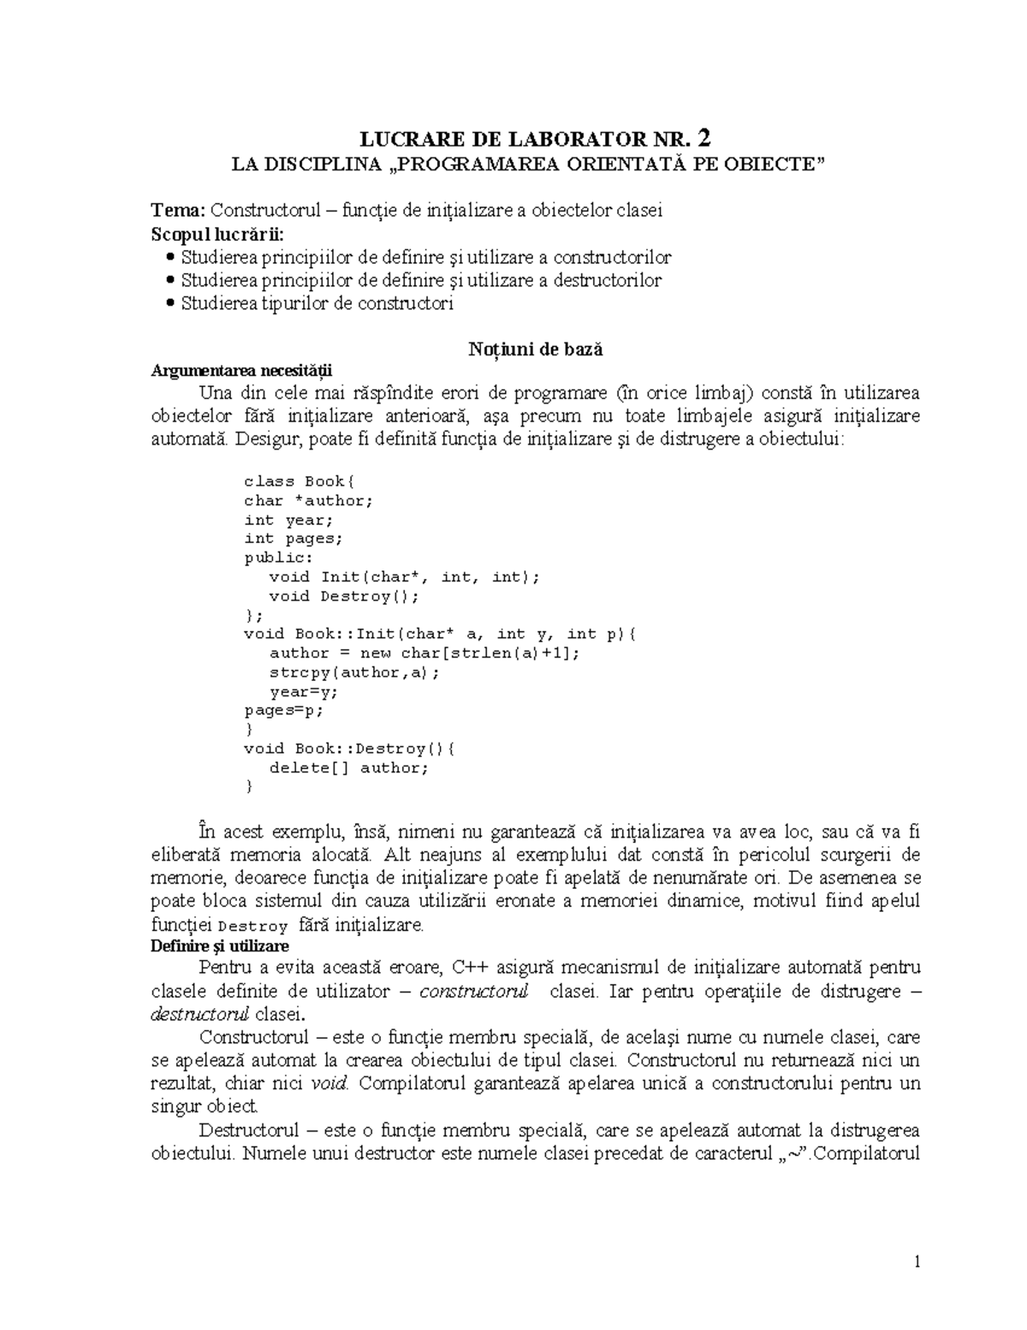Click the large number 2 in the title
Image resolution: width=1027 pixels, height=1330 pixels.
coord(703,139)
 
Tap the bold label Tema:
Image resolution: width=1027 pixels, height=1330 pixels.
coord(179,211)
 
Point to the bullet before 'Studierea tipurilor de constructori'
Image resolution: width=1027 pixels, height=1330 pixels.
coord(172,303)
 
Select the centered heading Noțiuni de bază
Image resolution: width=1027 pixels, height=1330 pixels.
coord(535,349)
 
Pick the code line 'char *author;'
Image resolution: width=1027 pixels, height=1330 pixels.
coord(309,501)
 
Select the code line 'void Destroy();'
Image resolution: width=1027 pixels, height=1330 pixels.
coord(344,596)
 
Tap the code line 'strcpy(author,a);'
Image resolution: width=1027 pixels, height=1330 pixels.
coord(354,672)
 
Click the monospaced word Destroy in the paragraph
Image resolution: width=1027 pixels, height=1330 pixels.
coord(253,927)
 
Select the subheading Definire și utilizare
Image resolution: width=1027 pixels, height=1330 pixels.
coord(219,946)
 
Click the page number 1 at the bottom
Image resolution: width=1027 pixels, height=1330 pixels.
coord(917,1261)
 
